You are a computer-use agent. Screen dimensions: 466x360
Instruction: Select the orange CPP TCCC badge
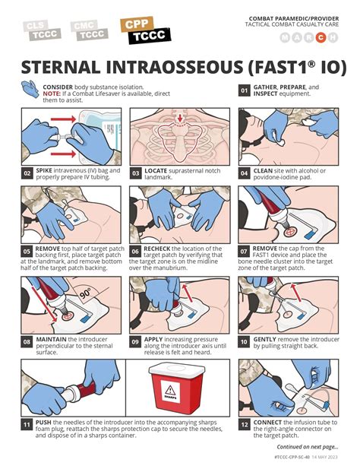[x=144, y=30]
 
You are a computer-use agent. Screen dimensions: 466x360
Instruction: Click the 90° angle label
[x=84, y=293]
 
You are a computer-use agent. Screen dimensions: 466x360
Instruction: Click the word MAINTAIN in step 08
[x=50, y=339]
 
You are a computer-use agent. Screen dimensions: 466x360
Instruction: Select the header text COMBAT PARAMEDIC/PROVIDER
[x=296, y=17]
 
